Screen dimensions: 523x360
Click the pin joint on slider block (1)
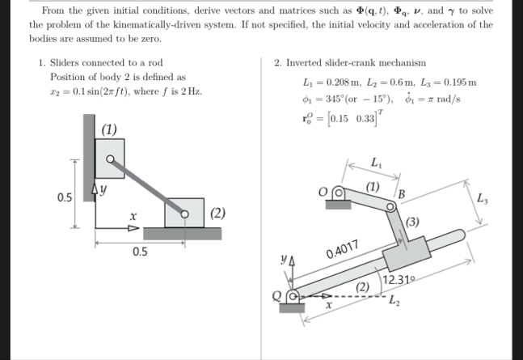click(x=110, y=159)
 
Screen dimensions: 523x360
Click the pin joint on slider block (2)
click(x=184, y=214)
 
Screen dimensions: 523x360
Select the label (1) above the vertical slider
click(x=109, y=129)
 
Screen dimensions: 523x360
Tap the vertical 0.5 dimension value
click(x=65, y=197)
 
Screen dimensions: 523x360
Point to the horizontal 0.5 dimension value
click(x=140, y=252)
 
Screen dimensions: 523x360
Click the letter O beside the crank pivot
click(x=323, y=193)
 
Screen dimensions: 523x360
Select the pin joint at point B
click(x=390, y=207)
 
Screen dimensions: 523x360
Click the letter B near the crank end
click(x=402, y=194)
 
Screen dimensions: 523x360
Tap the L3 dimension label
click(x=482, y=198)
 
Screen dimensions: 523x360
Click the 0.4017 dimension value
click(x=343, y=249)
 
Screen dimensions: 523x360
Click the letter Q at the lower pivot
click(x=276, y=296)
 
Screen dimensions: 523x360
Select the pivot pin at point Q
click(x=293, y=296)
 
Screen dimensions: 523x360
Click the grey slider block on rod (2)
click(x=407, y=253)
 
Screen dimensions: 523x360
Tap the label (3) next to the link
click(x=412, y=222)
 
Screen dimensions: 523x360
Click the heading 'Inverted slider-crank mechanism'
click(x=356, y=63)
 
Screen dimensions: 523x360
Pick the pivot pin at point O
click(x=339, y=193)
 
